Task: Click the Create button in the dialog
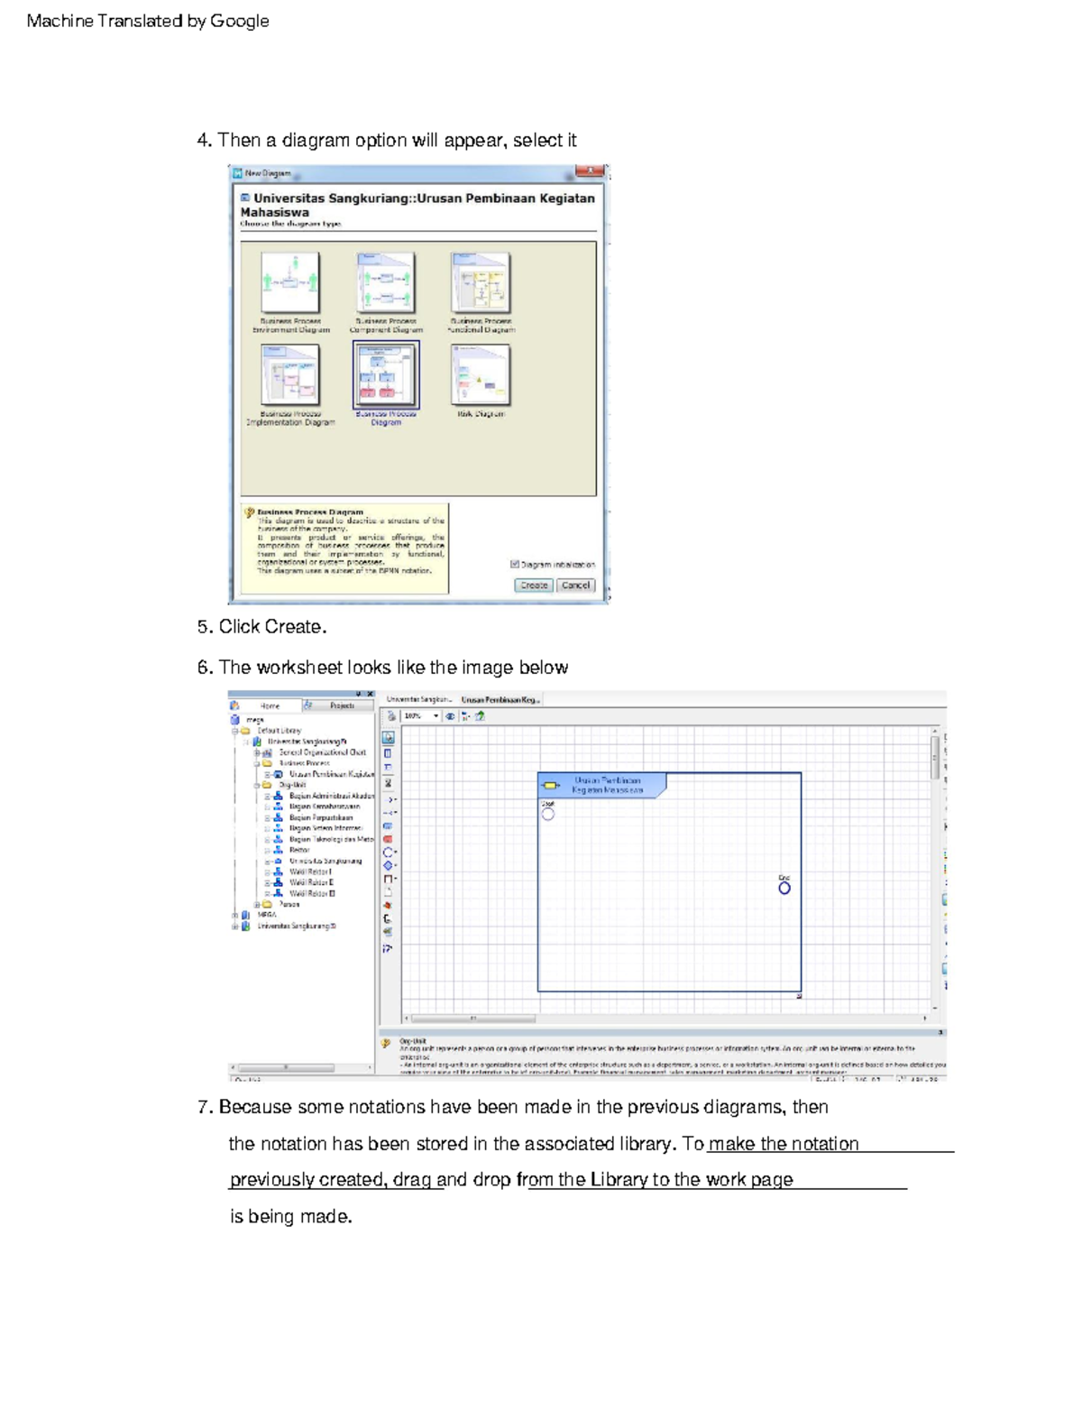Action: tap(534, 585)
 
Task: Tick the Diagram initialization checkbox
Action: tap(515, 565)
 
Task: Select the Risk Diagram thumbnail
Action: tap(481, 375)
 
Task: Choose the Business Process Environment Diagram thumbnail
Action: tap(290, 283)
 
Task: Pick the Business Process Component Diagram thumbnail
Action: tap(386, 283)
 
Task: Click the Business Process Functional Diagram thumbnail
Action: tap(481, 283)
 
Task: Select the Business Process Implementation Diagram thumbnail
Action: tap(290, 375)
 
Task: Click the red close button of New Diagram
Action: tap(590, 171)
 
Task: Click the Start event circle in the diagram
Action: tap(548, 815)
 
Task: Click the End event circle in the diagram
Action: tap(784, 889)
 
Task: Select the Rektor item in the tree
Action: tap(299, 850)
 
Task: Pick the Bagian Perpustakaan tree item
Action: tap(320, 817)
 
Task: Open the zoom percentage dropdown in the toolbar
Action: tap(436, 716)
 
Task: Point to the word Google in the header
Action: tap(239, 21)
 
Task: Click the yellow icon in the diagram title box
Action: tap(551, 786)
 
